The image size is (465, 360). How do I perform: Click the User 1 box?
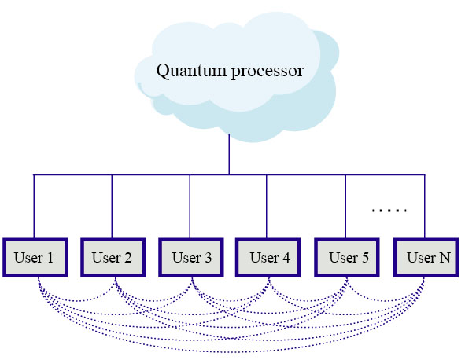[x=35, y=258]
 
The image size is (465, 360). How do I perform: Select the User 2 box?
[x=113, y=258]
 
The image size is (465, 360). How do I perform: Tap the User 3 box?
[x=191, y=258]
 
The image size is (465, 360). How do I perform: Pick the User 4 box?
[x=268, y=258]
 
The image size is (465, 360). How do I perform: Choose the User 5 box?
[x=347, y=258]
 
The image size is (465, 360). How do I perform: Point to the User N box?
[x=426, y=258]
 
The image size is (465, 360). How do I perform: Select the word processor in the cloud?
[x=268, y=73]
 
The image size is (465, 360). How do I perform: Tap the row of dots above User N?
[x=389, y=211]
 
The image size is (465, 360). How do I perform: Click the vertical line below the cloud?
[x=229, y=154]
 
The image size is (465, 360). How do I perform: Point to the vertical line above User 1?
[x=34, y=206]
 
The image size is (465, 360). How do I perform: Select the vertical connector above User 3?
[x=190, y=206]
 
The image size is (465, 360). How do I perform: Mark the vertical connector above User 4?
[x=266, y=206]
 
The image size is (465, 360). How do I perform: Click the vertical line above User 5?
[x=345, y=206]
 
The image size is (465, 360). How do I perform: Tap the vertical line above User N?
[x=425, y=206]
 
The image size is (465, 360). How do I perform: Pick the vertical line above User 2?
[x=112, y=206]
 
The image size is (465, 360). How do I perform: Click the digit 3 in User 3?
[x=209, y=258]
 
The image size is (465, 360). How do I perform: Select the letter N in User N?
[x=445, y=258]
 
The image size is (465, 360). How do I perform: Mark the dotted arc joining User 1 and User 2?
[x=77, y=301]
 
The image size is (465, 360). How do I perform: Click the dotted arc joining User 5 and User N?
[x=386, y=301]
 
